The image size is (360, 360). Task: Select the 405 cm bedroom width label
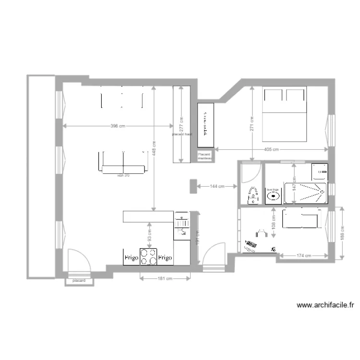271,149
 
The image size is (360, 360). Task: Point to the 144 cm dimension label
218,186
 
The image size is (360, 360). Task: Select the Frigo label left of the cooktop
132,258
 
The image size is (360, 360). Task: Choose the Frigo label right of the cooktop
165,258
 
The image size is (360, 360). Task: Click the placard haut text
182,134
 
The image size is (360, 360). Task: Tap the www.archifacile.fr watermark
325,304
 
